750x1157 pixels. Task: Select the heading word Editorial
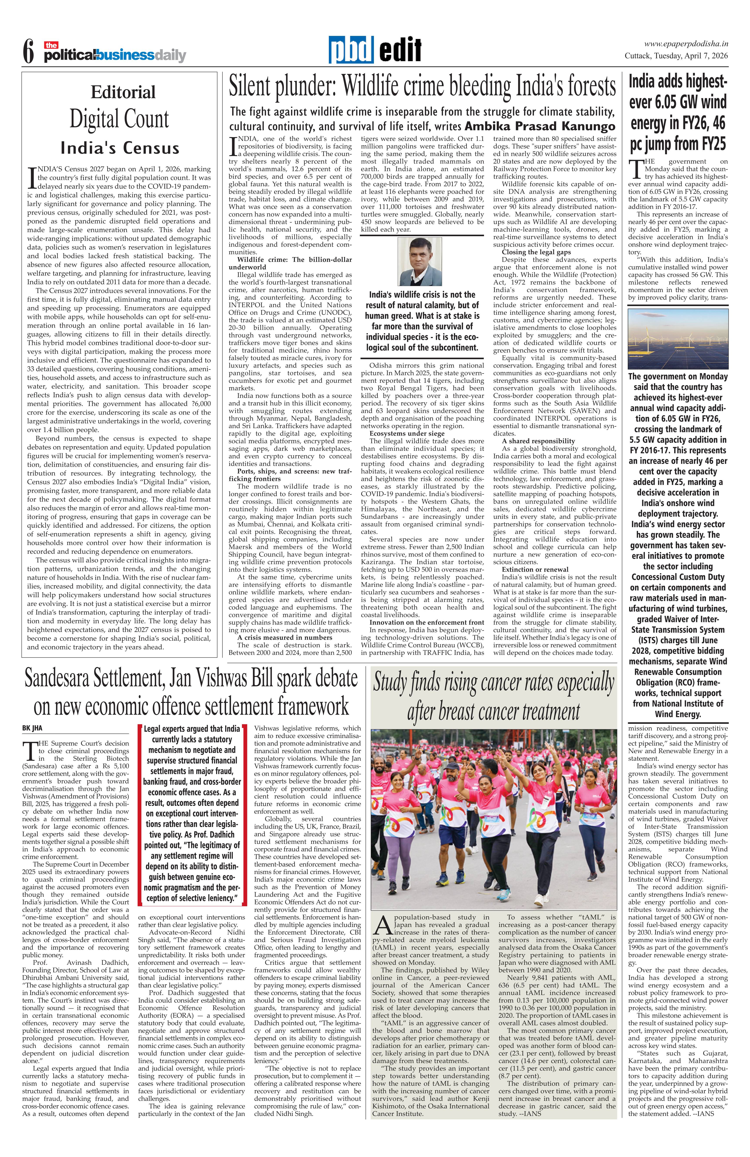click(x=123, y=92)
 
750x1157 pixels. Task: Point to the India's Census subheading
click(x=120, y=148)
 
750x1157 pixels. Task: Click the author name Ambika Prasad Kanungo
click(x=539, y=126)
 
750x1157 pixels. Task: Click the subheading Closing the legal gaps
click(x=537, y=252)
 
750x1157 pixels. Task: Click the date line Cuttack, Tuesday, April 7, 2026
click(x=676, y=56)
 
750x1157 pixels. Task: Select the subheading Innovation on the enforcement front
click(x=427, y=622)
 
